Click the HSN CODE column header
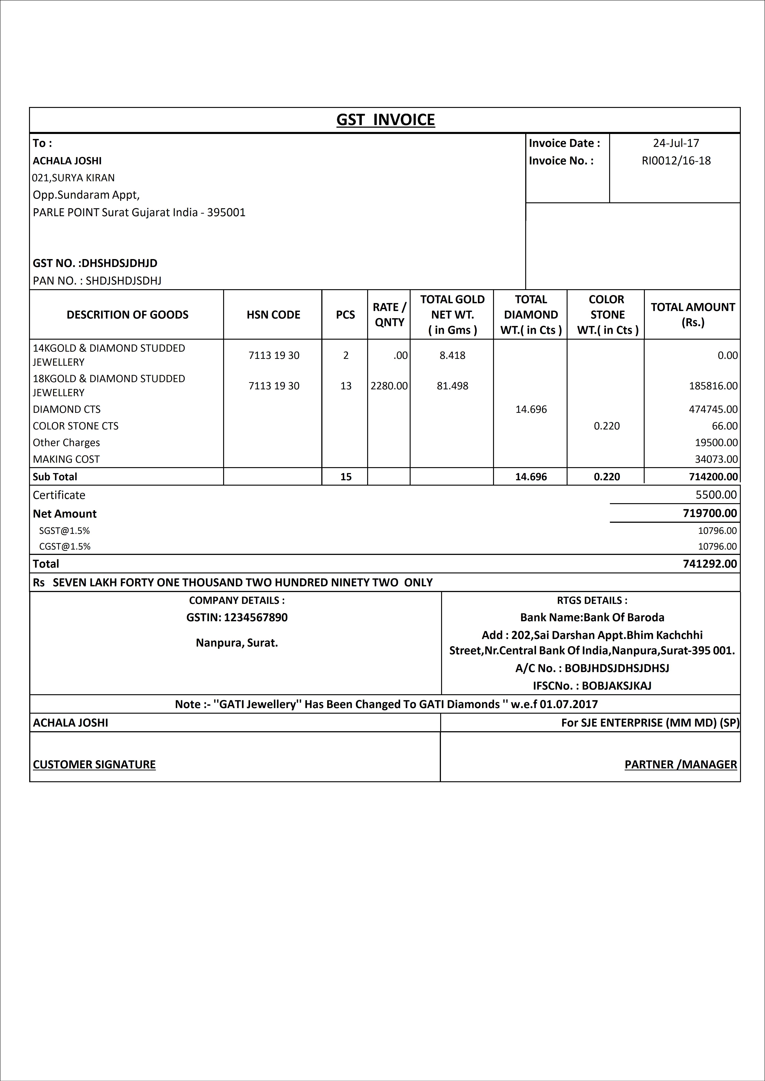[273, 315]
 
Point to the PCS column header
[345, 315]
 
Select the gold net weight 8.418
[452, 356]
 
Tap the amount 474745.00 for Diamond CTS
[713, 409]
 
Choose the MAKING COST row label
[66, 459]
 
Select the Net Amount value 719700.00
[709, 513]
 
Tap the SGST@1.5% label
[65, 531]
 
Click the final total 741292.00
[709, 564]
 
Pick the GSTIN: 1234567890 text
[237, 617]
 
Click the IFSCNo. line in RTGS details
[592, 686]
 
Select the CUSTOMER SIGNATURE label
[94, 764]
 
